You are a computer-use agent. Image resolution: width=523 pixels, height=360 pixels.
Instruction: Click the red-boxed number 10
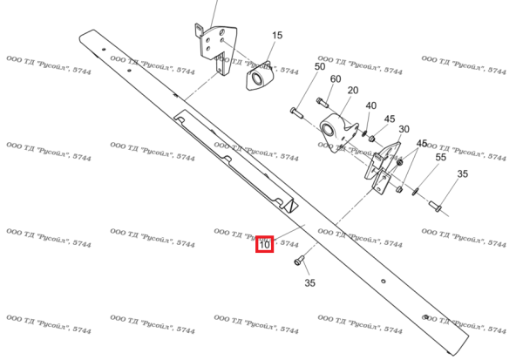click(x=264, y=245)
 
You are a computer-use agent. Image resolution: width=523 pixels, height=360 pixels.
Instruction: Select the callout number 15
click(x=277, y=36)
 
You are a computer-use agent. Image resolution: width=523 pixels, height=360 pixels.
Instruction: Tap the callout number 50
click(x=320, y=67)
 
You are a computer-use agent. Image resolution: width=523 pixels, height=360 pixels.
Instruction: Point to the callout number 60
click(x=336, y=79)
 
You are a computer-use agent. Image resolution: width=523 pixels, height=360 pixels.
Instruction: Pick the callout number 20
click(x=353, y=91)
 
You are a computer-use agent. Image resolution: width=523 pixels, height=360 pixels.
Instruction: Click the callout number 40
click(x=370, y=106)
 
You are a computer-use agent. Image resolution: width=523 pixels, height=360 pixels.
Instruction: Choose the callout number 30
click(x=404, y=129)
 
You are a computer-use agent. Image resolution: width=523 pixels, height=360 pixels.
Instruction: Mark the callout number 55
click(x=440, y=157)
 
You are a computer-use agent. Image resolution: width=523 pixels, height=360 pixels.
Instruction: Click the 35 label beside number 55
click(x=462, y=174)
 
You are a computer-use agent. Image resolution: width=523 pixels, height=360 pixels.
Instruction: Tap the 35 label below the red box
click(x=309, y=283)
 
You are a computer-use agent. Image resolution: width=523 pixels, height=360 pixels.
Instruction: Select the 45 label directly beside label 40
click(x=389, y=119)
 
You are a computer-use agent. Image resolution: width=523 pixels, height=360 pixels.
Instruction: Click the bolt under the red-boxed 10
click(x=298, y=260)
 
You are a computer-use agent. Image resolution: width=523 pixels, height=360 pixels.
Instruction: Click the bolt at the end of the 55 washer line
click(x=435, y=207)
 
